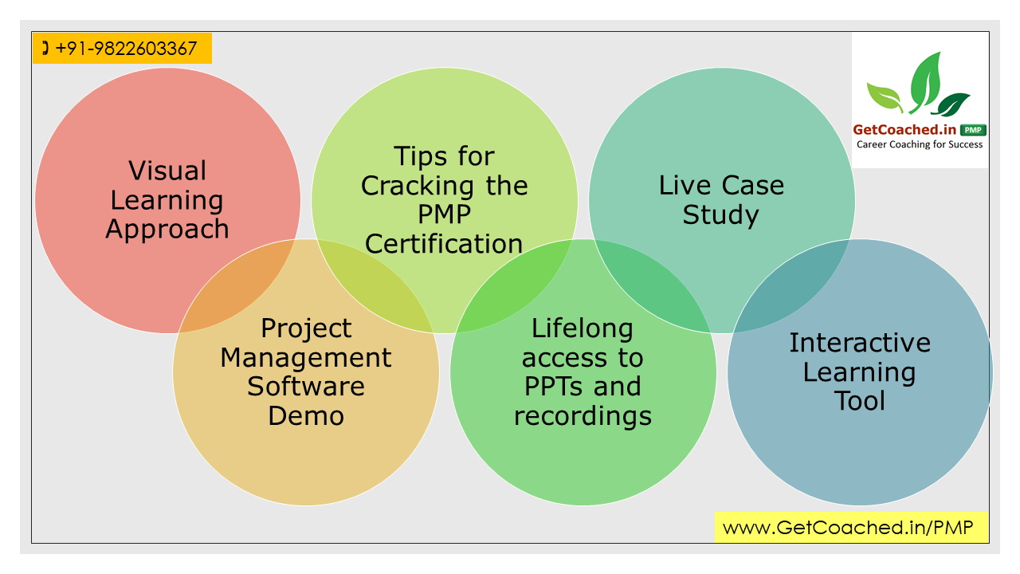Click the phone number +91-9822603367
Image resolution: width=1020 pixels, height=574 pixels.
[x=126, y=49]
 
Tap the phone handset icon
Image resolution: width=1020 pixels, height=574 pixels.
[x=45, y=48]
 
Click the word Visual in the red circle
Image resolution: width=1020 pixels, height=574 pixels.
[x=167, y=171]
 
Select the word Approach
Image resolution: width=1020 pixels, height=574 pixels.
[x=167, y=230]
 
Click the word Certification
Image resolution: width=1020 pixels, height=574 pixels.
[x=444, y=243]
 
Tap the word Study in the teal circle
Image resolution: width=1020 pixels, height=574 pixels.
[x=721, y=215]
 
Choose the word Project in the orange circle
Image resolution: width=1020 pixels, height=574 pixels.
[x=306, y=329]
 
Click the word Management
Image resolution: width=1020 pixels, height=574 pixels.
[x=306, y=358]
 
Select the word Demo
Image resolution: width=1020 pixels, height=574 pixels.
[x=306, y=415]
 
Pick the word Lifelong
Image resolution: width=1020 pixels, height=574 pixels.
[x=583, y=329]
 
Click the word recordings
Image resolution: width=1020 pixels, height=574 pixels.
[x=583, y=416]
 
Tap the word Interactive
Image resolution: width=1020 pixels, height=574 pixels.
[x=860, y=343]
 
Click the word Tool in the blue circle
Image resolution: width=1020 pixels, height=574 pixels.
[x=860, y=401]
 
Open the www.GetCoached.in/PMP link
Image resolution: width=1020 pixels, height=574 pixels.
[x=848, y=528]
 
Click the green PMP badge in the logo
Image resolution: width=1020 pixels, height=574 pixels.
[x=973, y=130]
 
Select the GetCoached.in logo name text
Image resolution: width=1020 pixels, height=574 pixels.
[x=904, y=130]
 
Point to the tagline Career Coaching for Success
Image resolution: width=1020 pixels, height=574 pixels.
[x=920, y=144]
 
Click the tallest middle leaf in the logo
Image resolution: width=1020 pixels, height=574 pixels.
[x=924, y=82]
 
